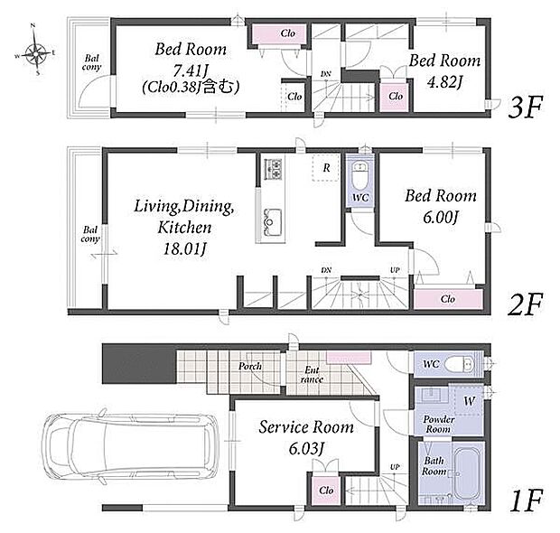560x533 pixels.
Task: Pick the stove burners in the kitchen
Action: pyautogui.click(x=273, y=169)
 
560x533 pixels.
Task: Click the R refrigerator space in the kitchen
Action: pyautogui.click(x=326, y=168)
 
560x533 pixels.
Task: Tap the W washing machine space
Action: pyautogui.click(x=469, y=401)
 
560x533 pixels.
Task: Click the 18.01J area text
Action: pyautogui.click(x=184, y=249)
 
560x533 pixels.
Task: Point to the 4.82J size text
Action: pyautogui.click(x=444, y=82)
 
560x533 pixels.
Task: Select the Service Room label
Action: pyautogui.click(x=306, y=427)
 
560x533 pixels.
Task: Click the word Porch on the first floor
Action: pyautogui.click(x=250, y=366)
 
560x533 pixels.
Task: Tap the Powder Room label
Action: pyautogui.click(x=438, y=424)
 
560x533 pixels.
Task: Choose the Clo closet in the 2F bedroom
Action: pyautogui.click(x=448, y=299)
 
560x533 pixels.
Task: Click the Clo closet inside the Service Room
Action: pyautogui.click(x=326, y=491)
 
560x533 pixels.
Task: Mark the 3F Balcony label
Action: pyautogui.click(x=91, y=62)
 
